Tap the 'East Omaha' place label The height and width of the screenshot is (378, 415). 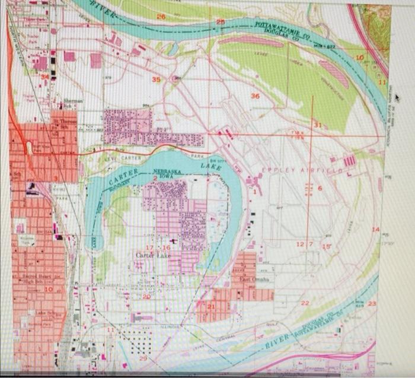255,278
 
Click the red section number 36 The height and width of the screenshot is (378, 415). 255,96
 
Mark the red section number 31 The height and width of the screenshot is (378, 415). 317,125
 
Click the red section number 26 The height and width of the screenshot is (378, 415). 161,17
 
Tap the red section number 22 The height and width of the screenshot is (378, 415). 305,303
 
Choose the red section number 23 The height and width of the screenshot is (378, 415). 372,303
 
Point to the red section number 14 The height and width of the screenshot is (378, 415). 375,229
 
